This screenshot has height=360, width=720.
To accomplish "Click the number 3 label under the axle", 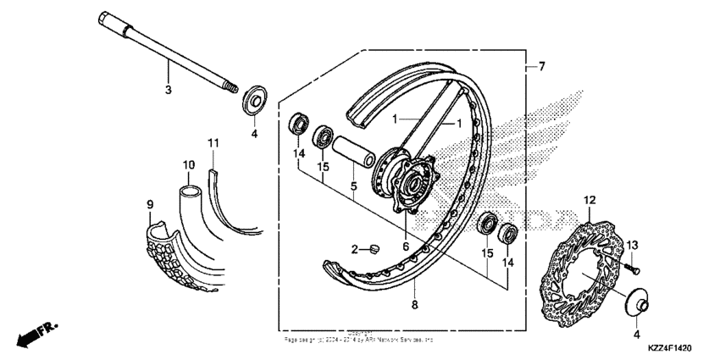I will (x=168, y=89).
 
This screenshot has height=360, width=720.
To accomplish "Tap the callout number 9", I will (x=150, y=205).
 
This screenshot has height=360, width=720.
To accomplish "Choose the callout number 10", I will (x=189, y=163).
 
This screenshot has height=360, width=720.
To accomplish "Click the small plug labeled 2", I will (x=372, y=248).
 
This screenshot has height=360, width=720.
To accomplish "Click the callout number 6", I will (x=407, y=246).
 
